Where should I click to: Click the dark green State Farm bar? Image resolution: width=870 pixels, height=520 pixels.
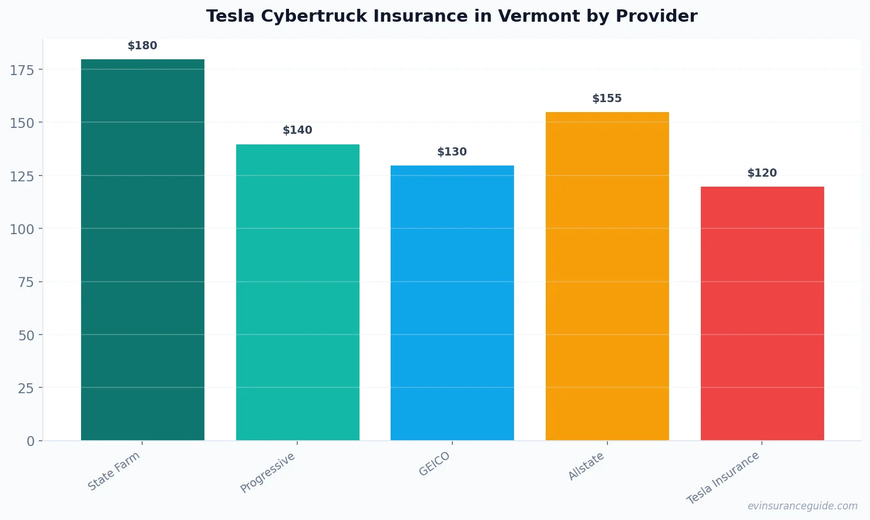(143, 249)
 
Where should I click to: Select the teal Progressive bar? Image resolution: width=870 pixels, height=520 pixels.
(297, 292)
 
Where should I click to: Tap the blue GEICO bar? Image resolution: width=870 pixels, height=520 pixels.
(452, 303)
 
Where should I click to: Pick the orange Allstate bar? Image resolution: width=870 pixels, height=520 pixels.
(607, 276)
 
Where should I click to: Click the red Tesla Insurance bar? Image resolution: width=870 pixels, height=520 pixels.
(762, 313)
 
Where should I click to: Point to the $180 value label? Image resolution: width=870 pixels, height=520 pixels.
(143, 46)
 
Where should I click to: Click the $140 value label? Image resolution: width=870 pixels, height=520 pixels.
(297, 130)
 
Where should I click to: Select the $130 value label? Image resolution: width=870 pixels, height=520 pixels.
(452, 152)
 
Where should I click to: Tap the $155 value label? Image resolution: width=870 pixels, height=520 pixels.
(607, 99)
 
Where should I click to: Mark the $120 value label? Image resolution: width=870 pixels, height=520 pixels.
(762, 173)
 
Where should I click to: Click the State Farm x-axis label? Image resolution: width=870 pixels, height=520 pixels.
(114, 471)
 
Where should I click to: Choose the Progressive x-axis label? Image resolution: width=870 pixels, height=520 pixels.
(268, 472)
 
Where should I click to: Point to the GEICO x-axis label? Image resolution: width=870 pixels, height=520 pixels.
(435, 464)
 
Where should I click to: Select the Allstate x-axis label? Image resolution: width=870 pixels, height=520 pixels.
(586, 467)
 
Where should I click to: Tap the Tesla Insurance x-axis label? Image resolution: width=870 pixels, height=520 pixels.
(724, 478)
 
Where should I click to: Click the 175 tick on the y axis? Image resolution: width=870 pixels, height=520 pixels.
(22, 70)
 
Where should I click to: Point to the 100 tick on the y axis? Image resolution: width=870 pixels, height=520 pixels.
(22, 229)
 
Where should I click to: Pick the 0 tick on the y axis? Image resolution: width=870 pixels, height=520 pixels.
(31, 441)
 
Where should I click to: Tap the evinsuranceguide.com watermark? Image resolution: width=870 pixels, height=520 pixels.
(802, 506)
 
